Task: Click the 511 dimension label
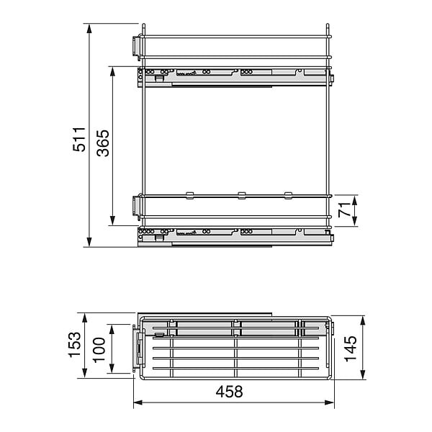pyautogui.click(x=78, y=139)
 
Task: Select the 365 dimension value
pyautogui.click(x=103, y=143)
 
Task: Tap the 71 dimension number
pyautogui.click(x=344, y=210)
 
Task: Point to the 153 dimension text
pyautogui.click(x=75, y=345)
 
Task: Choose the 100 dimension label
pyautogui.click(x=99, y=350)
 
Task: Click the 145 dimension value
pyautogui.click(x=351, y=348)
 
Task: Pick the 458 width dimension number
pyautogui.click(x=229, y=392)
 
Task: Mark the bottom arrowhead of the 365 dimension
pyautogui.click(x=112, y=220)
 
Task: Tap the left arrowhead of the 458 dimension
pyautogui.click(x=138, y=402)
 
